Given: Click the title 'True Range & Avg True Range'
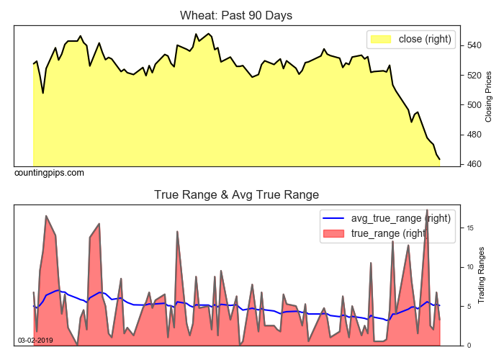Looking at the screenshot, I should (x=236, y=194).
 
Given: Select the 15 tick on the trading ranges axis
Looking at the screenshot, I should (x=468, y=228).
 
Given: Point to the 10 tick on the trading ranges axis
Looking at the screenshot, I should (x=468, y=267).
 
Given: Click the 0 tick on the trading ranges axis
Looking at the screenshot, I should (x=467, y=345).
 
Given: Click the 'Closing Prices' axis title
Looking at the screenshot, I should (x=489, y=96).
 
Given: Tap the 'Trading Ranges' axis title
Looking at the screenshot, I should (x=482, y=275).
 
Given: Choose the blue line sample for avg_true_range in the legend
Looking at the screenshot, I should (x=333, y=218).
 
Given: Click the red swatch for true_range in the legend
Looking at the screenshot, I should (x=333, y=233).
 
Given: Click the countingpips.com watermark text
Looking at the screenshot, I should (x=49, y=173).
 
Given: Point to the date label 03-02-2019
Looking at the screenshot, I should (x=35, y=340).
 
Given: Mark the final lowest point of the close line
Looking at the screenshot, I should (x=440, y=159).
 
